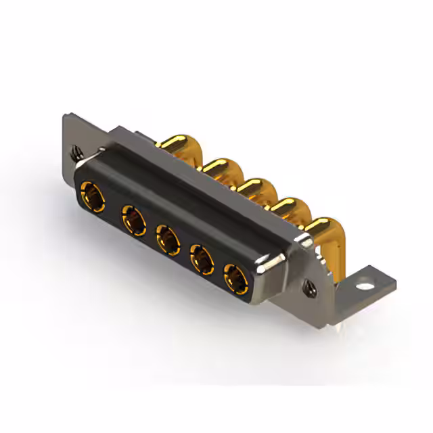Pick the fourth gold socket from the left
[x=202, y=258]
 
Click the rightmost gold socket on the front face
[x=236, y=277]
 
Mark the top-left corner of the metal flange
[x=65, y=116]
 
